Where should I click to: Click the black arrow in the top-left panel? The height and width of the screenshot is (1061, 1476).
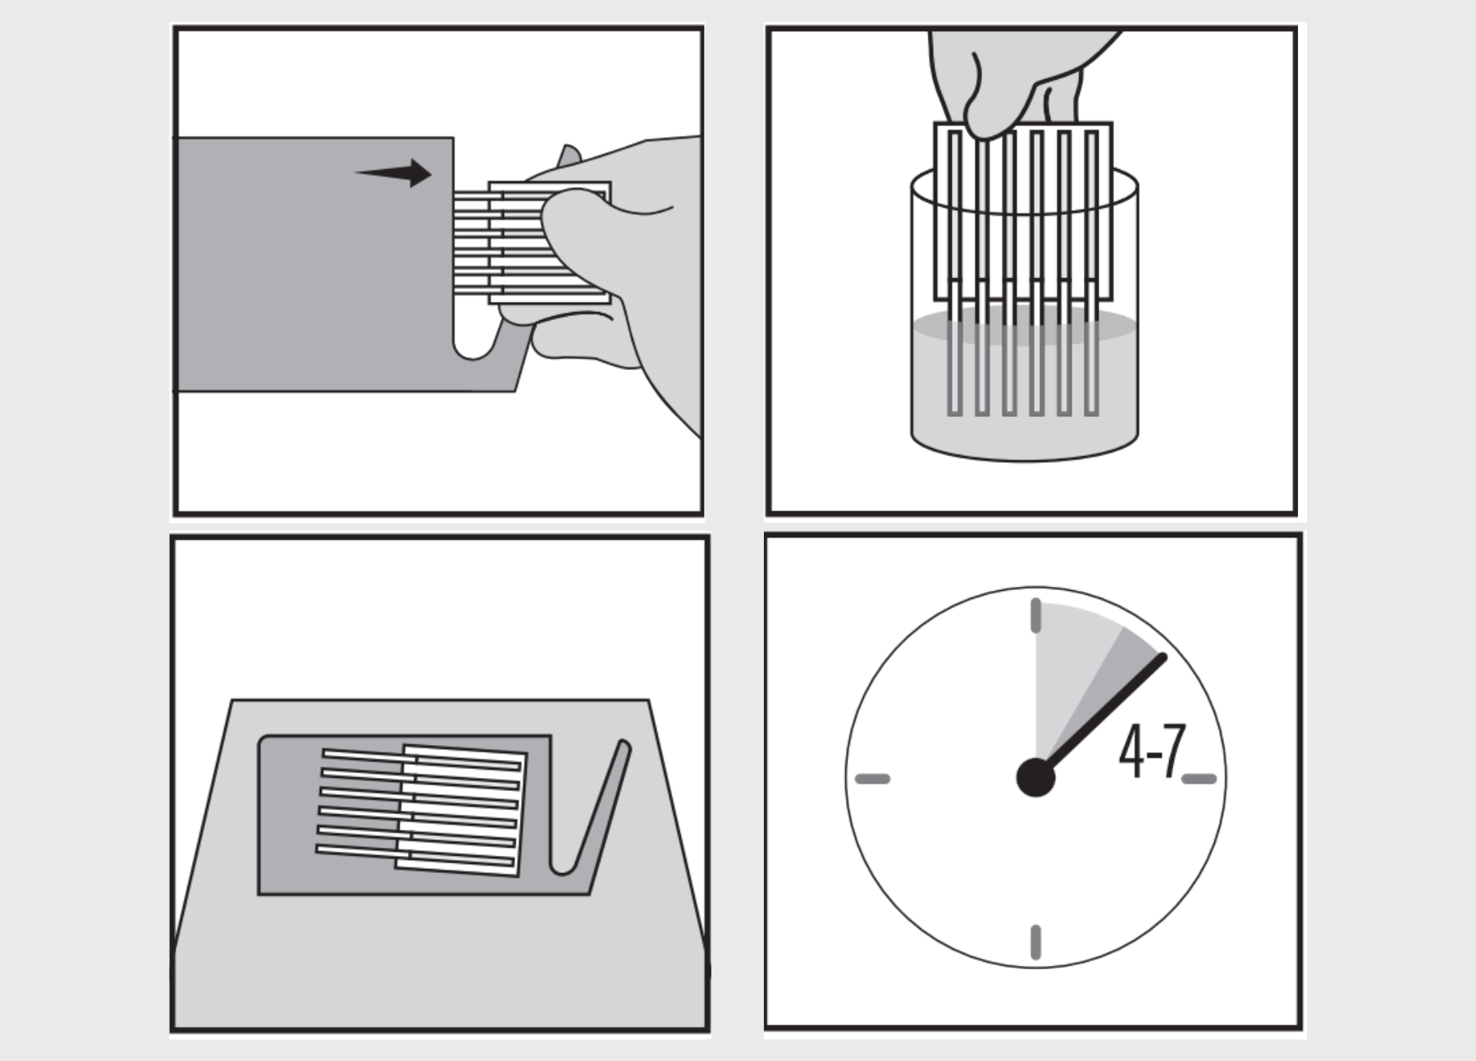394,173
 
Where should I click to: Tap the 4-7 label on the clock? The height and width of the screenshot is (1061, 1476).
1153,751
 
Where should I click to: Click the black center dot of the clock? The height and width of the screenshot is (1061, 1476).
1035,777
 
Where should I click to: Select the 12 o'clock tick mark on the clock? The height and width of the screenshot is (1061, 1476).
1035,615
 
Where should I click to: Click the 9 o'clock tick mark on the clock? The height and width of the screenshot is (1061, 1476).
872,778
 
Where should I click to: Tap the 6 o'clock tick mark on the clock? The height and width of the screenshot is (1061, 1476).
1035,942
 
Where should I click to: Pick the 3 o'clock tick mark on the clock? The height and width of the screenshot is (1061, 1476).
1199,778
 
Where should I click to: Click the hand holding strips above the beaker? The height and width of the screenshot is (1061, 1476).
1021,78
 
